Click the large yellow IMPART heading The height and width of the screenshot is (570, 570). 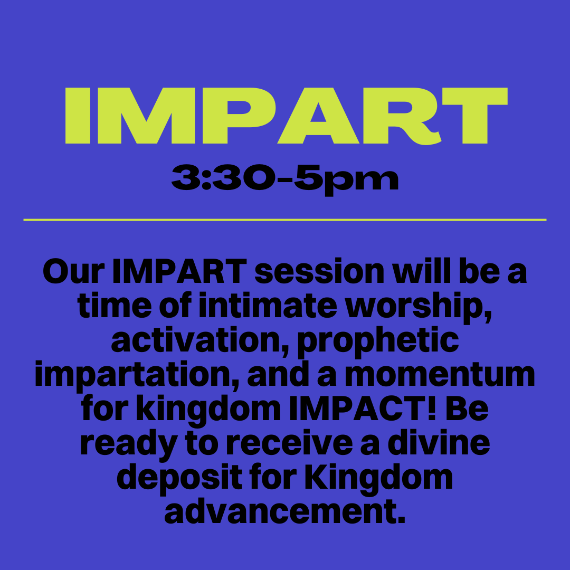point(286,116)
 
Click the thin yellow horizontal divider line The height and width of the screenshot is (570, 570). point(284,220)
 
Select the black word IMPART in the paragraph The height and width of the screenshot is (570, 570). point(179,272)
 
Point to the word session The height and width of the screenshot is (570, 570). point(319,272)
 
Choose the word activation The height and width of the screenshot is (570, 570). point(200,340)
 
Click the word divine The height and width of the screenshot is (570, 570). point(439,443)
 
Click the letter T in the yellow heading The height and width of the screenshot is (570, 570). point(475,116)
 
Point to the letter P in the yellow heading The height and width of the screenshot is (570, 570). point(239,116)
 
